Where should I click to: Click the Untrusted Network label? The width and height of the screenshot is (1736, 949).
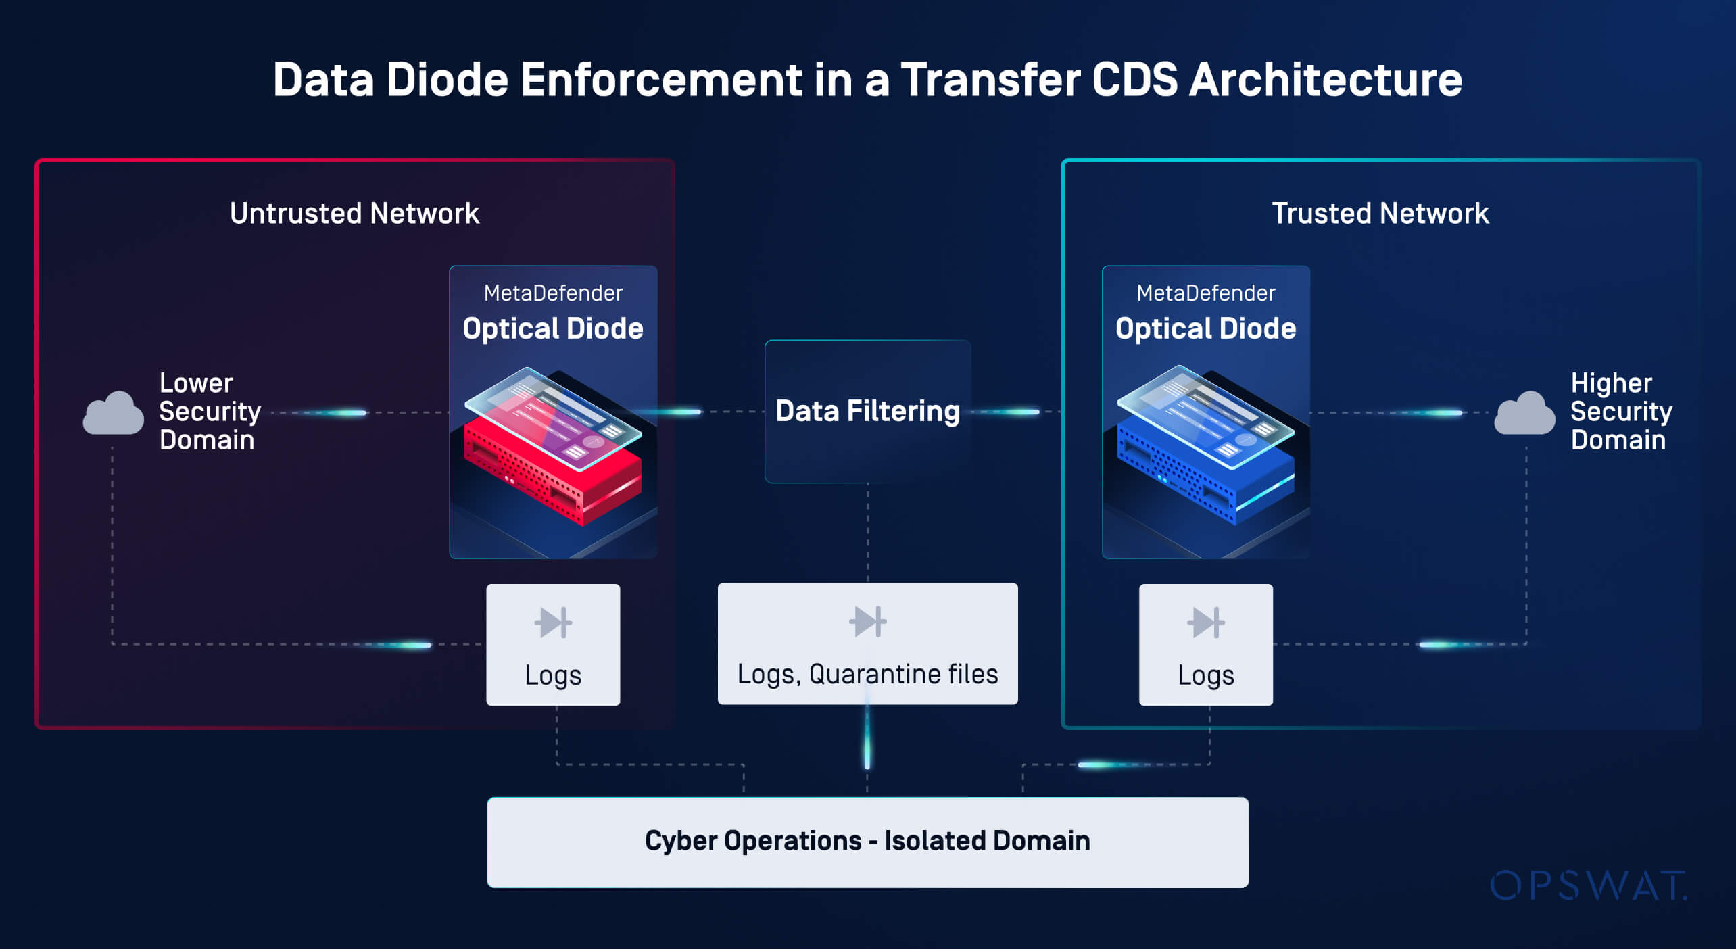[354, 214]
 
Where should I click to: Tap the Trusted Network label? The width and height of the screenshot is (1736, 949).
[1380, 214]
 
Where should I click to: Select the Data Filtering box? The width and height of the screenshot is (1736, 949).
[867, 411]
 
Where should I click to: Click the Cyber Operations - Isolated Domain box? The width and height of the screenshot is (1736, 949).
[867, 842]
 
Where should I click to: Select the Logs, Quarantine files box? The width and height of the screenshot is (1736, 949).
[867, 643]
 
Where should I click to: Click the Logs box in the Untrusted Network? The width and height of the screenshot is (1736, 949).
[553, 645]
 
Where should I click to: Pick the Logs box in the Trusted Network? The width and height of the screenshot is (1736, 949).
[1206, 645]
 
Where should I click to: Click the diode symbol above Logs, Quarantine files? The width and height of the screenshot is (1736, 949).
[867, 621]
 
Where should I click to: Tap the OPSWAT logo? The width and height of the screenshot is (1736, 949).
[1589, 885]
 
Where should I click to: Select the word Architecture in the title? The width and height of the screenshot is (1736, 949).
[1325, 80]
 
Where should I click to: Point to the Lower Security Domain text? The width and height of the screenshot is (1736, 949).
[209, 412]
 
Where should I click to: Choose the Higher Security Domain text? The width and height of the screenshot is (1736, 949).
[1620, 412]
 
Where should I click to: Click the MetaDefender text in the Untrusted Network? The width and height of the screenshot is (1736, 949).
[553, 293]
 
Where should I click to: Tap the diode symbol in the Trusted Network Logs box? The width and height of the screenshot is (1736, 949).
[1205, 623]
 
